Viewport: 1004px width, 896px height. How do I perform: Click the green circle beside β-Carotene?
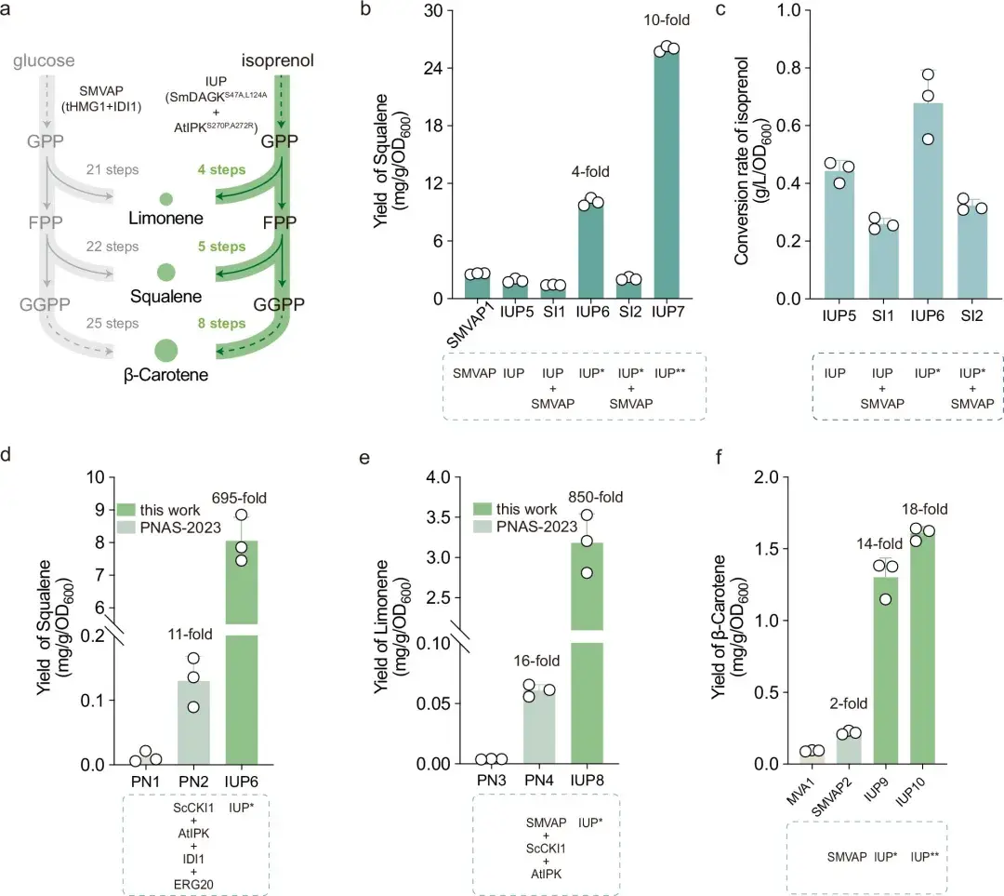click(x=165, y=351)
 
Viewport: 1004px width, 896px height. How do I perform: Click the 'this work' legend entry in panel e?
click(x=528, y=509)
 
